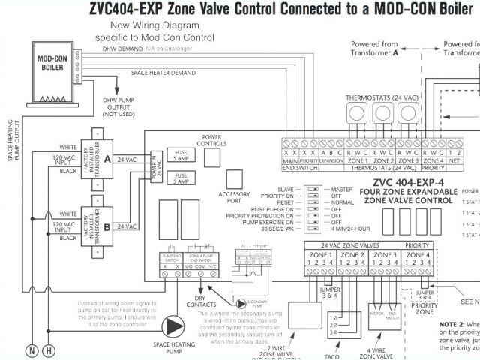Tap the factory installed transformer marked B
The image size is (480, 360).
coord(96,223)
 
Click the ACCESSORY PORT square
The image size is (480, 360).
coord(234,179)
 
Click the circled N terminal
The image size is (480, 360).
coord(31,350)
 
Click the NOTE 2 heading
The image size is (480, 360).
coord(454,324)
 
